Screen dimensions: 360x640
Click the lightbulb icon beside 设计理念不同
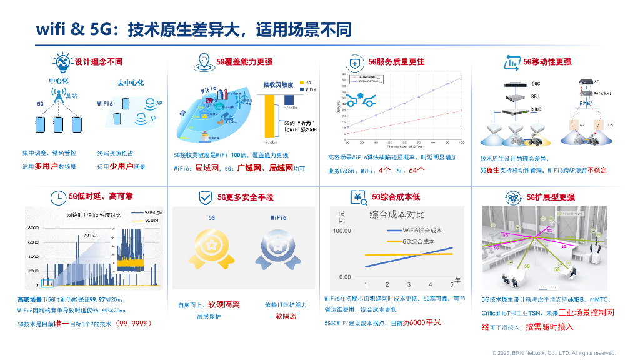coord(62,62)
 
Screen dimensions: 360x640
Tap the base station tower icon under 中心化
coord(57,96)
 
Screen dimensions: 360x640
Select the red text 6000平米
coord(424,322)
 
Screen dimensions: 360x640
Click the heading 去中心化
coord(131,82)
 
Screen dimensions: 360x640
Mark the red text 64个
coord(416,170)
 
